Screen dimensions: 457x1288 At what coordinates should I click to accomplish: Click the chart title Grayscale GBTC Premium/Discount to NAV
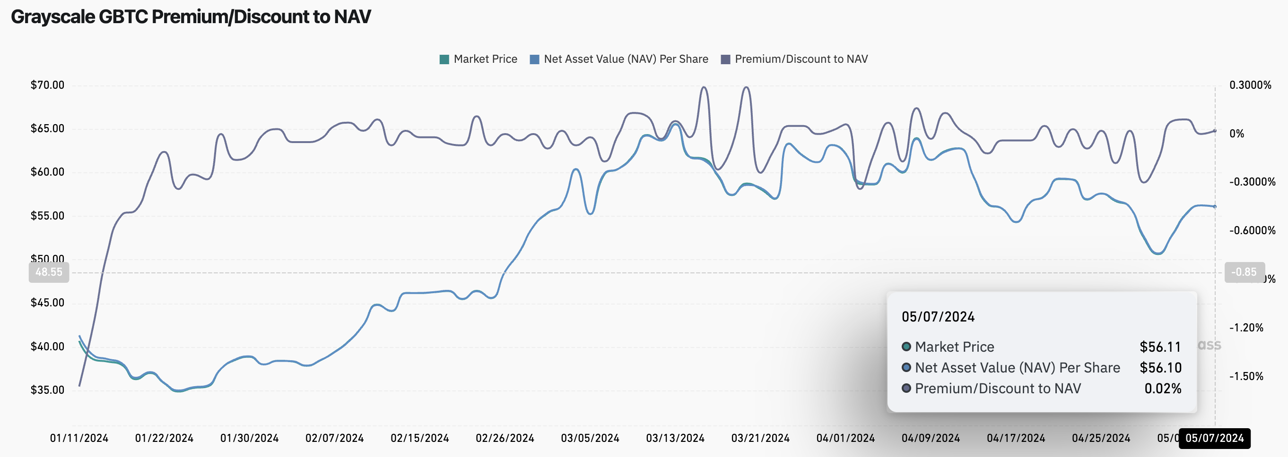(191, 17)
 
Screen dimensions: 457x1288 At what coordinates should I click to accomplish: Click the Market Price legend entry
(479, 59)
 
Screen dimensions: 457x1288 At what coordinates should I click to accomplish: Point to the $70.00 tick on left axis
(47, 85)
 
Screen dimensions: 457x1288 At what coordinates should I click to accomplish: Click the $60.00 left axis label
(47, 172)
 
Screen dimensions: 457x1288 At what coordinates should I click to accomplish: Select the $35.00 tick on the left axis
(47, 390)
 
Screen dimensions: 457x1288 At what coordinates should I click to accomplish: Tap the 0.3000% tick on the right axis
(1250, 85)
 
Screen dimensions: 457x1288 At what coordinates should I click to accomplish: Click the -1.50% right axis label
(1246, 376)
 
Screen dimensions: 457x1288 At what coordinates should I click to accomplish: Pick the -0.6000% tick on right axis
(1252, 230)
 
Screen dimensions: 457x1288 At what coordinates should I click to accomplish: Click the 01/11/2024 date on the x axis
(79, 438)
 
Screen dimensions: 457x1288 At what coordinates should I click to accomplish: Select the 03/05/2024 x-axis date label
(590, 438)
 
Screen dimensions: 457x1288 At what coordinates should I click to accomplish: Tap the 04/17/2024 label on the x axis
(1016, 438)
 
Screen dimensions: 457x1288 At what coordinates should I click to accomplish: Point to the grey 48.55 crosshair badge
(49, 272)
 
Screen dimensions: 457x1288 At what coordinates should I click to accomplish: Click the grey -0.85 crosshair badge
(1244, 272)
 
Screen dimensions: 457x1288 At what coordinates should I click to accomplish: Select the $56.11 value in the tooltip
(1160, 347)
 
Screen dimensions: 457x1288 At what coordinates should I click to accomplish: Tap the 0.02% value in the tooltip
(1163, 389)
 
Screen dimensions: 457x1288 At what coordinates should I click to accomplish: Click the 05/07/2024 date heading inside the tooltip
(938, 317)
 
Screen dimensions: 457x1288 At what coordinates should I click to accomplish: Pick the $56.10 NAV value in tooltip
(1160, 368)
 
